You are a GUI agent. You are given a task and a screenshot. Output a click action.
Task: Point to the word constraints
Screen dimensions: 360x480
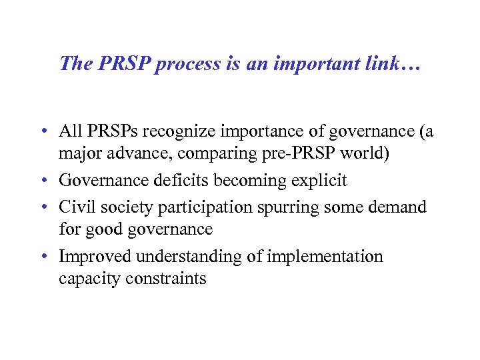click(167, 279)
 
